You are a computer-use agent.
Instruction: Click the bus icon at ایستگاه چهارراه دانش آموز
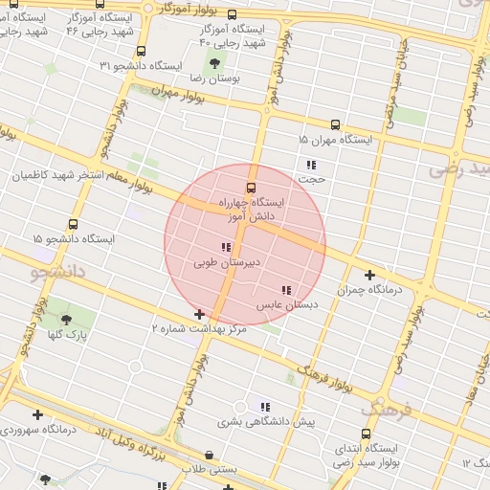coord(252,188)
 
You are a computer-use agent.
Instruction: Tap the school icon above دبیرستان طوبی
coord(226,248)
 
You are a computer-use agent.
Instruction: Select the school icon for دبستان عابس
coord(286,290)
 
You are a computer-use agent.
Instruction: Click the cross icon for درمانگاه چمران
coord(369,275)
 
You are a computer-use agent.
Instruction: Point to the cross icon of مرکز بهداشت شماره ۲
coord(199,314)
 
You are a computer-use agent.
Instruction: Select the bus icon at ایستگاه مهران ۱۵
coord(335,124)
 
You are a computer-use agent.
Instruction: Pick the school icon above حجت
coord(311,165)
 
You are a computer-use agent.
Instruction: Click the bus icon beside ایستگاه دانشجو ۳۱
coord(142,52)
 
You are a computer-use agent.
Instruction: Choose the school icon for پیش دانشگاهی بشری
coord(265,406)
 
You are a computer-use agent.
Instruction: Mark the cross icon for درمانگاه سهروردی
coord(37,414)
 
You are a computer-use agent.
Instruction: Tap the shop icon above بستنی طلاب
coord(210,455)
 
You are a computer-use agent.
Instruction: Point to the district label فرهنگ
coord(388,410)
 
